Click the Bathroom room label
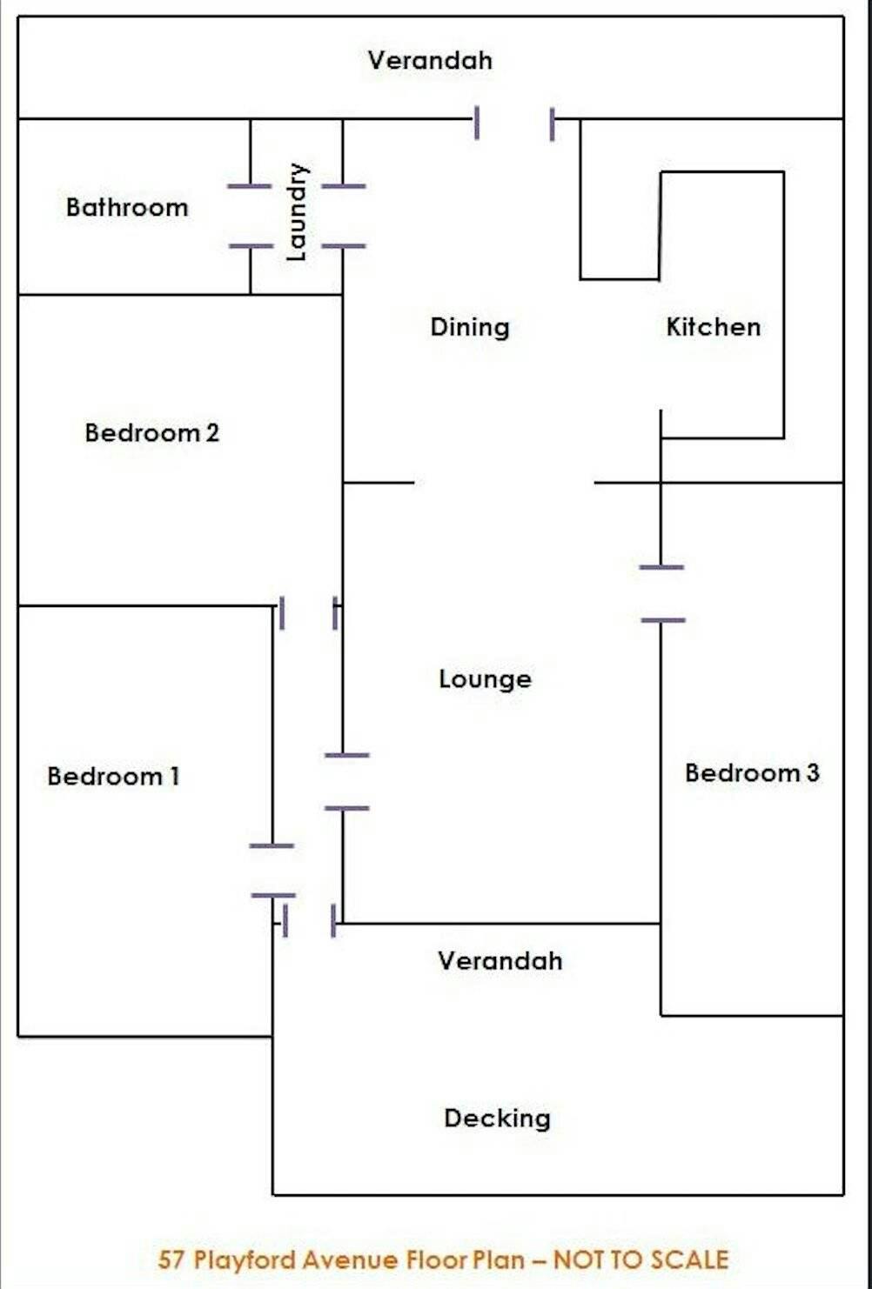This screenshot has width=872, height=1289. click(x=127, y=207)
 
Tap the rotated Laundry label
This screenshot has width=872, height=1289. click(x=297, y=212)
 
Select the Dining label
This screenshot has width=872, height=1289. click(x=470, y=327)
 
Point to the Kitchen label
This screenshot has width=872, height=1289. click(x=714, y=327)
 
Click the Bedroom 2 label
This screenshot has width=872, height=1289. click(x=151, y=432)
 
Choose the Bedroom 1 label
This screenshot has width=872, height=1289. click(x=113, y=776)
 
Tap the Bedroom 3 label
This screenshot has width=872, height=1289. click(x=752, y=772)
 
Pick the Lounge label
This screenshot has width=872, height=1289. click(x=485, y=678)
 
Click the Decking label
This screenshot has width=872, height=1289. click(x=497, y=1118)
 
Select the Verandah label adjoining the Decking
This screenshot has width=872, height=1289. click(x=500, y=960)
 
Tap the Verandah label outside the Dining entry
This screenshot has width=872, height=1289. click(x=430, y=60)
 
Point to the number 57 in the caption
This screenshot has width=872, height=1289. click(x=172, y=1260)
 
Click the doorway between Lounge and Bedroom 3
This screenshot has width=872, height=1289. click(x=661, y=594)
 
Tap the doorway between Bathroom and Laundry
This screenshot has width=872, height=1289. click(x=251, y=216)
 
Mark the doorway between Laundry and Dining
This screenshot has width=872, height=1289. click(x=343, y=216)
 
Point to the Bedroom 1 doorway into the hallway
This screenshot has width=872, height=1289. click(x=272, y=870)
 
